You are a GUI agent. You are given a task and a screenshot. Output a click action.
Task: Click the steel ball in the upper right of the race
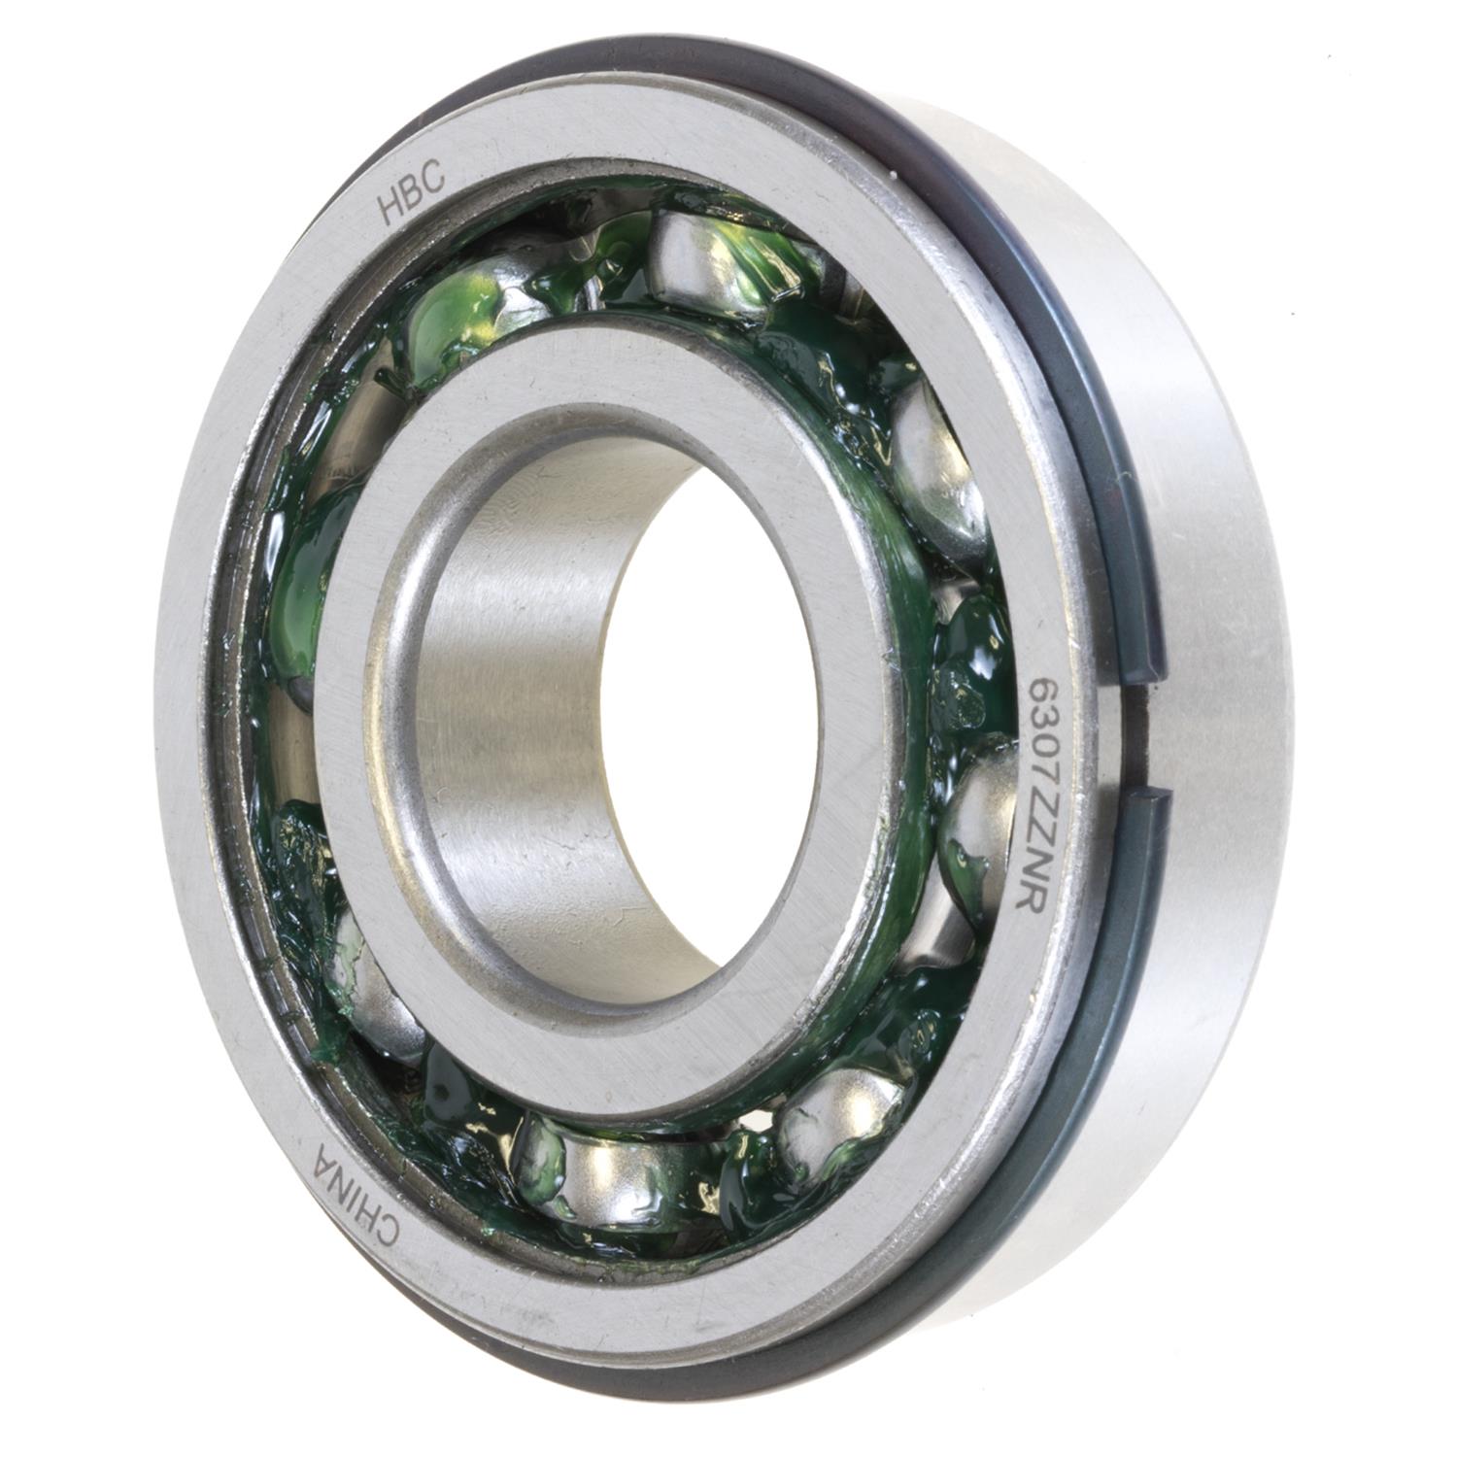point(932,466)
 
